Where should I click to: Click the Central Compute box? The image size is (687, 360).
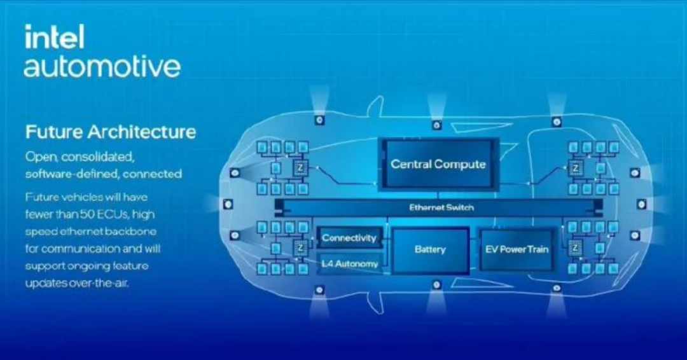(438, 164)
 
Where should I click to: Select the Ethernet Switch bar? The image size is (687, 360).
(440, 207)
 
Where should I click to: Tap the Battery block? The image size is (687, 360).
(430, 249)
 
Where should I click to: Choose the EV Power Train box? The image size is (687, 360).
(516, 249)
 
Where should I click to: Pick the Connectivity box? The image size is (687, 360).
(349, 238)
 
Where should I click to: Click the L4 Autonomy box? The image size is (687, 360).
(349, 263)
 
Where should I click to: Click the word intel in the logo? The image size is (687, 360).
(53, 38)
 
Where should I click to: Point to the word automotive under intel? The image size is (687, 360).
(102, 66)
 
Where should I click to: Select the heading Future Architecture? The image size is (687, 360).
(110, 132)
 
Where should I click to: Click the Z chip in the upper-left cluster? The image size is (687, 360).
(299, 169)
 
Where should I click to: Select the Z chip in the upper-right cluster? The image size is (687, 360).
(576, 169)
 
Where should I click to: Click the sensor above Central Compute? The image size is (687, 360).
(436, 125)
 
